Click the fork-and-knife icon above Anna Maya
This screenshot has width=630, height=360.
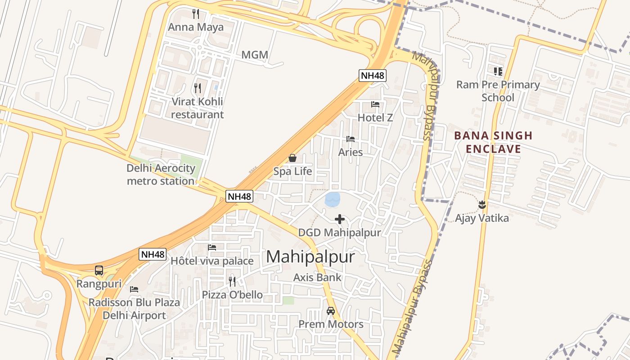[x=196, y=13]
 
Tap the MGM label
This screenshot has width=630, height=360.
[x=255, y=55]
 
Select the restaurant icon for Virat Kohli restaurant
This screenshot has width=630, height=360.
[x=197, y=88]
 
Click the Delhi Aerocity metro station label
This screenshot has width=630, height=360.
[x=161, y=175]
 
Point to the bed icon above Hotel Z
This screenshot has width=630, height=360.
[x=375, y=104]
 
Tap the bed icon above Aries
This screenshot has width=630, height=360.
[x=351, y=139]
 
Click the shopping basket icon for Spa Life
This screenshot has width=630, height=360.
[x=292, y=158]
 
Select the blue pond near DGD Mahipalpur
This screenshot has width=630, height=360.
[x=333, y=199]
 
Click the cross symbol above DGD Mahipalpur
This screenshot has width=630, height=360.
[x=340, y=219]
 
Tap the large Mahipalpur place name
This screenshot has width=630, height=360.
[x=310, y=257]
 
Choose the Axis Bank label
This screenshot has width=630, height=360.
[x=317, y=277]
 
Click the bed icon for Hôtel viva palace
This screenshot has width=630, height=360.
[x=212, y=247]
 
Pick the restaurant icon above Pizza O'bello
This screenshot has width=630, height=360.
[x=232, y=281]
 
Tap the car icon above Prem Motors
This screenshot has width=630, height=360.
[x=331, y=310]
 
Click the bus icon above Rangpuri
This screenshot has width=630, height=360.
[x=99, y=270]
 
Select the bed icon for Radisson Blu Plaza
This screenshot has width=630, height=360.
[x=134, y=289]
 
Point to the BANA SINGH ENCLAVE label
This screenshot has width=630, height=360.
[x=493, y=142]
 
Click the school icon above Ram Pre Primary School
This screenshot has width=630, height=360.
[x=498, y=71]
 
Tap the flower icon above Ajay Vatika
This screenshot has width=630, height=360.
[x=482, y=205]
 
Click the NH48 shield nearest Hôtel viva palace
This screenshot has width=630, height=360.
[x=153, y=254]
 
